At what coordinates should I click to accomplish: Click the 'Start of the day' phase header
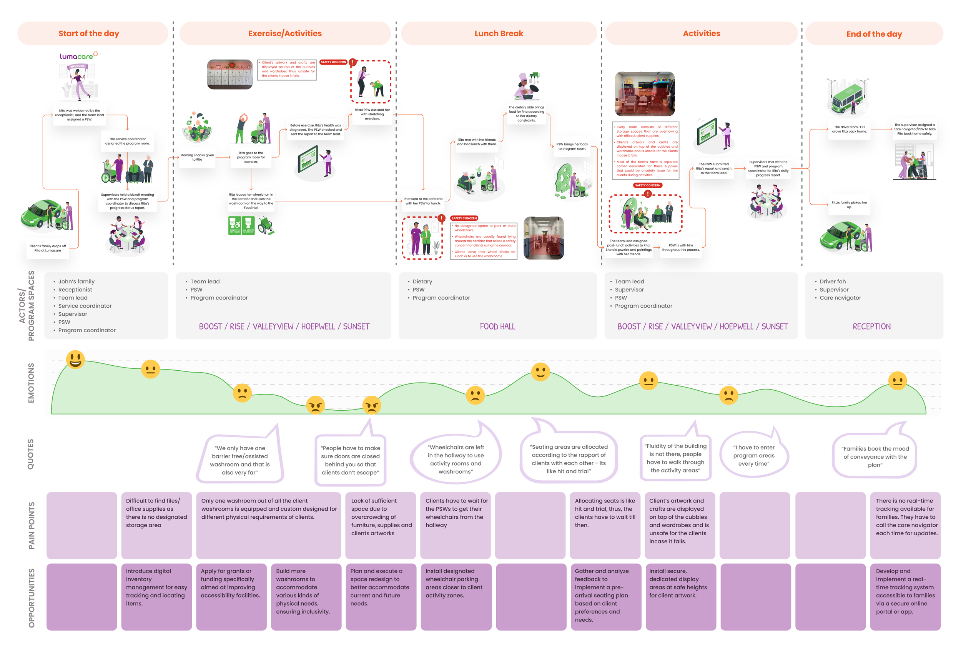[x=88, y=33]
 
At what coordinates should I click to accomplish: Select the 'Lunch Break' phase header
[x=499, y=33]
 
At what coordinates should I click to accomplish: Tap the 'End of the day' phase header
[x=874, y=34]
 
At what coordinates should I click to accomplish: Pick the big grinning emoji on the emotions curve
[x=75, y=360]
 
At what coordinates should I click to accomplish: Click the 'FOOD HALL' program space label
[x=497, y=326]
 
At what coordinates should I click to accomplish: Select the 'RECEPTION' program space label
[x=871, y=326]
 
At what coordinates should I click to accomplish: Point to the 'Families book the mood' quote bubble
[x=875, y=457]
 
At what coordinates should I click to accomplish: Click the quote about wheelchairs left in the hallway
[x=455, y=459]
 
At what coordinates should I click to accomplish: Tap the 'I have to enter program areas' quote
[x=753, y=455]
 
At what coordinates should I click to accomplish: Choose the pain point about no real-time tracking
[x=906, y=517]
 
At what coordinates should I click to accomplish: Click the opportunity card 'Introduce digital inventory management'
[x=156, y=587]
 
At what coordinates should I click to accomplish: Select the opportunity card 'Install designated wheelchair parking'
[x=455, y=583]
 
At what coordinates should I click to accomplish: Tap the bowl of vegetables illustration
[x=197, y=127]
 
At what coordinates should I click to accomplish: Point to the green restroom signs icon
[x=241, y=225]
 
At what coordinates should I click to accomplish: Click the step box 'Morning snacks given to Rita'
[x=197, y=158]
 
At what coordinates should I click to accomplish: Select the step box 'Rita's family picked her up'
[x=849, y=205]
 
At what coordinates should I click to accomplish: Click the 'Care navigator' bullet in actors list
[x=840, y=298]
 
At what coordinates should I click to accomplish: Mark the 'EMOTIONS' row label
[x=31, y=383]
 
